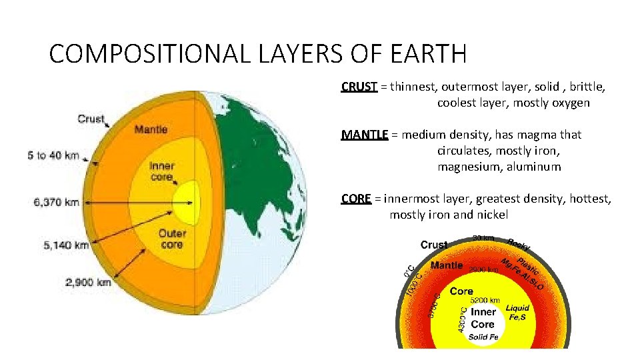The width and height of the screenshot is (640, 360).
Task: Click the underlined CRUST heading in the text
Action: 359,87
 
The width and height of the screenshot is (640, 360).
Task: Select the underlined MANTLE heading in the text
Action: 365,135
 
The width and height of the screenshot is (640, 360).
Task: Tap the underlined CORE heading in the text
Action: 356,199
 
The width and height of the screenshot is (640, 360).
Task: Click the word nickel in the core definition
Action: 491,215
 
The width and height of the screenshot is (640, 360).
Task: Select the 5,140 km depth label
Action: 66,245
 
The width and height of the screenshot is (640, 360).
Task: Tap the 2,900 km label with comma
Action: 87,283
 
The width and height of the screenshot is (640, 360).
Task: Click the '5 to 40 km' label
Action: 53,156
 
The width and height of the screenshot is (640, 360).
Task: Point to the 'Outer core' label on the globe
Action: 172,239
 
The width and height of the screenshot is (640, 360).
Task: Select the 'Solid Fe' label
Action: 483,337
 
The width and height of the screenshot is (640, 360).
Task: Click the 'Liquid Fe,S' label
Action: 517,313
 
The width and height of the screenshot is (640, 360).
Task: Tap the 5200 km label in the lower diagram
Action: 488,299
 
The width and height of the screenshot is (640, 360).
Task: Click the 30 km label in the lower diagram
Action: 483,238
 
